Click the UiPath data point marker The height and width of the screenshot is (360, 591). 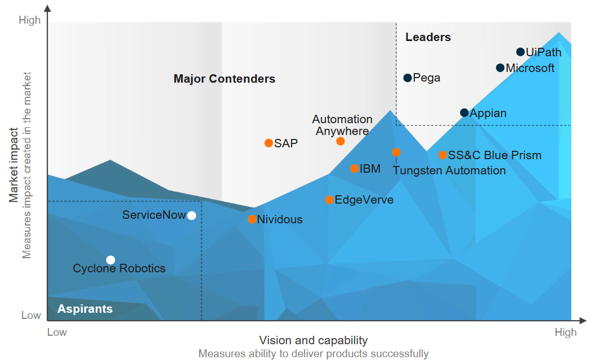521,52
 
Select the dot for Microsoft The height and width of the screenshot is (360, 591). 500,68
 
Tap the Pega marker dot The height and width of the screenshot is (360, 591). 408,78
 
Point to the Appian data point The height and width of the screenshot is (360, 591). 464,112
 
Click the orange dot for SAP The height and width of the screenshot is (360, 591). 268,143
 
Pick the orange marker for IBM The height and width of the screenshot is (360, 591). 354,169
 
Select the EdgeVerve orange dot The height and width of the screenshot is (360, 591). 329,200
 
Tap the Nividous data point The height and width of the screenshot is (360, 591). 252,219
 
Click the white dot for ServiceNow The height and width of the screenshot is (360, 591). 191,215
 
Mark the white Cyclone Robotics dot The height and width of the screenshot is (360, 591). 110,260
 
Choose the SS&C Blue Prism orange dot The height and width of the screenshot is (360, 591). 443,155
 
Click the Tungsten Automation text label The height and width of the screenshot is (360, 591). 449,170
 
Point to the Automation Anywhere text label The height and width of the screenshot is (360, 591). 342,125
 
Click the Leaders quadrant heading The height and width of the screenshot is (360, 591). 428,38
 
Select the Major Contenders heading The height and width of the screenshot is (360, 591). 225,79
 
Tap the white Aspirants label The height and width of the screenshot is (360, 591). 85,309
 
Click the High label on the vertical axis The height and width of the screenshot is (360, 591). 30,20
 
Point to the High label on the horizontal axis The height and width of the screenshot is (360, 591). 565,332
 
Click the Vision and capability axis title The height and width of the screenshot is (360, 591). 313,340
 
